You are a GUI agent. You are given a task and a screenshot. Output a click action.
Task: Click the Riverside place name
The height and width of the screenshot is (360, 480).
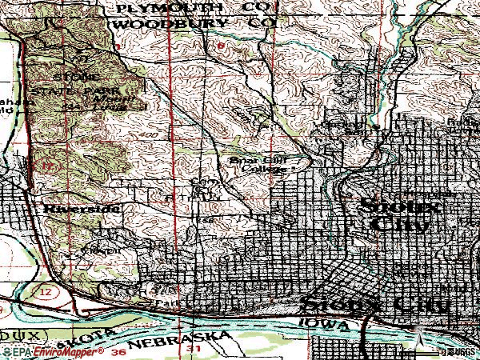(81, 209)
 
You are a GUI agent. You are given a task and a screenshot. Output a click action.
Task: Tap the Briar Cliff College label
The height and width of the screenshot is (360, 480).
(262, 164)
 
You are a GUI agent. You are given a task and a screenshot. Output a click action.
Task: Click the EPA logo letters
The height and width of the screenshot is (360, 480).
(19, 350)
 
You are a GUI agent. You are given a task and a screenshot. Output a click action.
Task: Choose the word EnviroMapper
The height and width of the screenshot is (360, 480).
(69, 350)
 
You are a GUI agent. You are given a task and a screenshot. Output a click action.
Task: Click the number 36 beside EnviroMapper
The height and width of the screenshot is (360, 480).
(120, 350)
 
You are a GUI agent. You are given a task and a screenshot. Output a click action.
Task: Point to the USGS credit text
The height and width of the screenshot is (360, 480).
(461, 350)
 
